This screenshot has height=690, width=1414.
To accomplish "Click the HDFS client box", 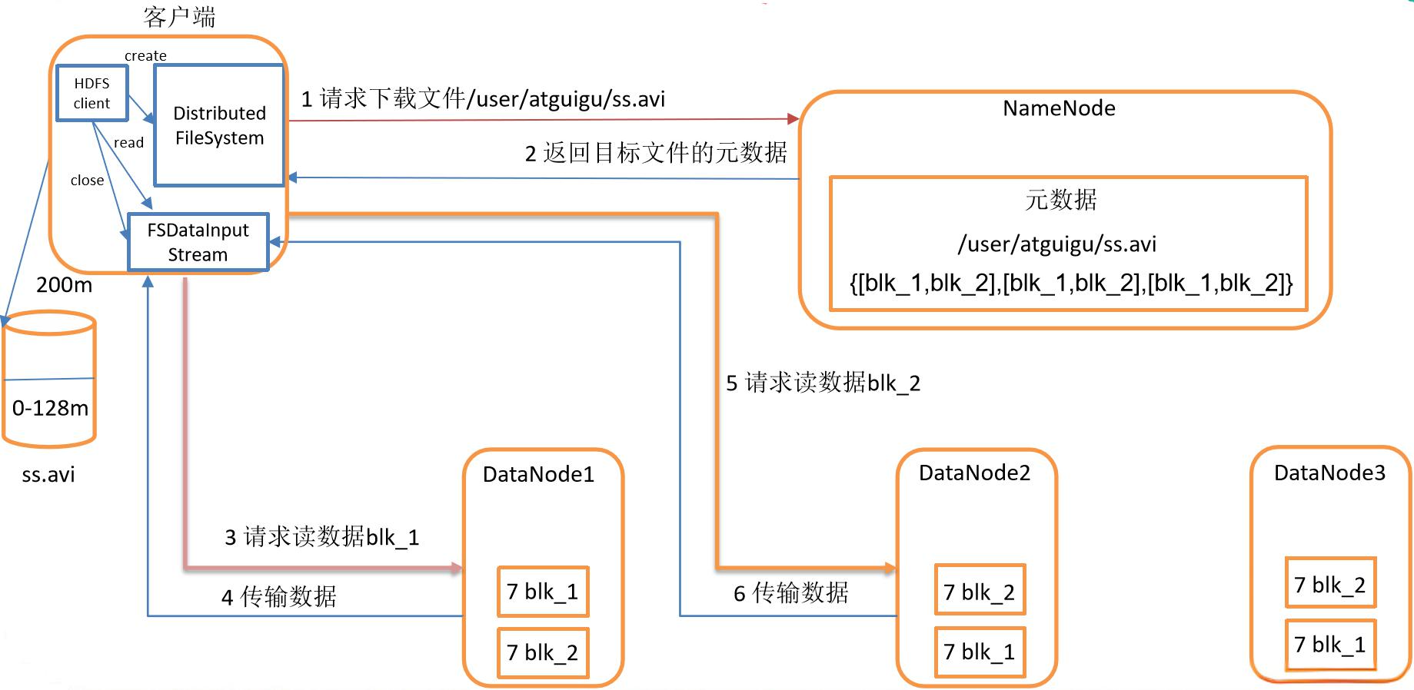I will [91, 93].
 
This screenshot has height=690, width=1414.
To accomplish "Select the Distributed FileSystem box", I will [219, 125].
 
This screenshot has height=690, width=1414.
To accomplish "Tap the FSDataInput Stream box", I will [198, 242].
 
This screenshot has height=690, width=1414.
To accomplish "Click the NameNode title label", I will [1059, 108].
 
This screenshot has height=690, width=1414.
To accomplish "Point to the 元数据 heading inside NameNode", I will [1060, 200].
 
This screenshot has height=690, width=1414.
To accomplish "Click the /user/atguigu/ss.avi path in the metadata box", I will [1057, 244].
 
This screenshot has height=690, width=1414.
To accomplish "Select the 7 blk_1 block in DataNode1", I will [543, 592].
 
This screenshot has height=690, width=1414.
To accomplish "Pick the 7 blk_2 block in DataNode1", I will [543, 652].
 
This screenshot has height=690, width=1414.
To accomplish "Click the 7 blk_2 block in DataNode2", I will [980, 592].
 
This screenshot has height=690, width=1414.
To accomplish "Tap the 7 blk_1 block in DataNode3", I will [1329, 645].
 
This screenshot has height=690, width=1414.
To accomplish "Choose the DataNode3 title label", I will [1329, 473].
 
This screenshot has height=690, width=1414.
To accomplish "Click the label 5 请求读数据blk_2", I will [823, 383].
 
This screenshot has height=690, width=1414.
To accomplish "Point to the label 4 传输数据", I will [279, 597].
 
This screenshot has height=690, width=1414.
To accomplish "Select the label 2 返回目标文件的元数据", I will [656, 153].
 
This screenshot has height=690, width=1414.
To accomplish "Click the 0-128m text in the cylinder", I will [50, 408].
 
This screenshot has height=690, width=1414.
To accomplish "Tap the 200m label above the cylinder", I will [64, 285].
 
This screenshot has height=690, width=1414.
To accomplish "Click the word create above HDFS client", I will [145, 55].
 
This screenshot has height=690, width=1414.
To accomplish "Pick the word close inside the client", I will [87, 181].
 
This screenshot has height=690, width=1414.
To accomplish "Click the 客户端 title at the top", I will [179, 17].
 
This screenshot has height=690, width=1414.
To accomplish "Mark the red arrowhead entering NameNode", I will [794, 118].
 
